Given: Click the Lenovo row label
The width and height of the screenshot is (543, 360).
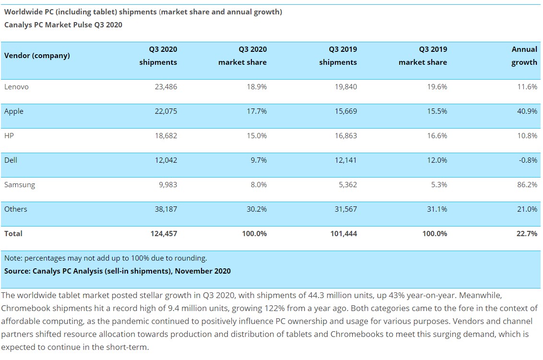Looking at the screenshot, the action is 16,86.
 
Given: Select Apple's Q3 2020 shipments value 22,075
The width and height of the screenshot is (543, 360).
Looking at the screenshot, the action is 166,111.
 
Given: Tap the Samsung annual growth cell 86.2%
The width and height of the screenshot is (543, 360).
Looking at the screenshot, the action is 527,185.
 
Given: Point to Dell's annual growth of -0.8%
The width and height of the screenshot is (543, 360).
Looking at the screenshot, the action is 528,160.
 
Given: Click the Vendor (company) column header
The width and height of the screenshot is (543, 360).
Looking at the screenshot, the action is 37,55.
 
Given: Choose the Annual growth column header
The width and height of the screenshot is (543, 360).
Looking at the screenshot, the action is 524,56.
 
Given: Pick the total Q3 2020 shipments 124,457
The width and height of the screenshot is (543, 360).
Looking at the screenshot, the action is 164,234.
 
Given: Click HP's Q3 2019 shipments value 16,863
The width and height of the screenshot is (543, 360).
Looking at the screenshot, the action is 345,135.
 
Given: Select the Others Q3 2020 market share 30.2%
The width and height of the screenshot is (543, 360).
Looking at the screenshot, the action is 257,209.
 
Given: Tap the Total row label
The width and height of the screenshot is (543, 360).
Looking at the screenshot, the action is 13,234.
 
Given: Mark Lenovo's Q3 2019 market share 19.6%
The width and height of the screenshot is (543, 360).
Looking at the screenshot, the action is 437,86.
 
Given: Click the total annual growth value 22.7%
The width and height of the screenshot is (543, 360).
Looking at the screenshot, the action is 527,234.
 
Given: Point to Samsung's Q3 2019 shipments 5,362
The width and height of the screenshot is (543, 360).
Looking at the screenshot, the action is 348,185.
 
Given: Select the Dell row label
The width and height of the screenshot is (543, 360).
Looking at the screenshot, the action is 11,160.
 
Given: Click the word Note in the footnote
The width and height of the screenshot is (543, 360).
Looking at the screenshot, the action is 12,258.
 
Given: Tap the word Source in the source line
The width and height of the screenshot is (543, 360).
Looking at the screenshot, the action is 16,271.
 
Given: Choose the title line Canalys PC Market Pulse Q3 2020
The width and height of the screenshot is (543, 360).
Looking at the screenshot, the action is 63,25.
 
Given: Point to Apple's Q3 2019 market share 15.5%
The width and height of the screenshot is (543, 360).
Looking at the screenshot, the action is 437,111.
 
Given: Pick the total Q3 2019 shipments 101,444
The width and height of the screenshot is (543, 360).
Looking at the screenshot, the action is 343,234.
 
